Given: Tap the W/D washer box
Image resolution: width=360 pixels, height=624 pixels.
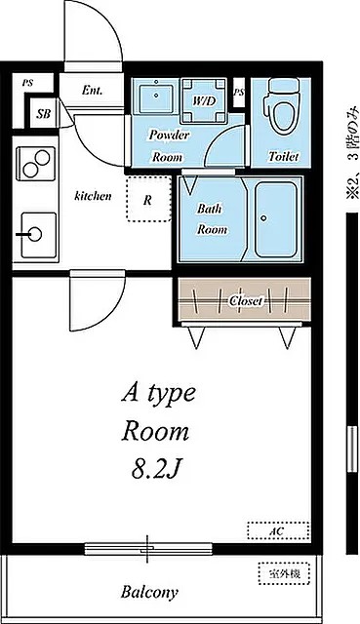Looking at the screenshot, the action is point(204,101).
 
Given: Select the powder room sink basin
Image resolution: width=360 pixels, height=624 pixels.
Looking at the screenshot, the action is point(156,97).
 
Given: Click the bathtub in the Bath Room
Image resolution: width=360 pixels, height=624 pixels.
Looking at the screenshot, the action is point(275,219).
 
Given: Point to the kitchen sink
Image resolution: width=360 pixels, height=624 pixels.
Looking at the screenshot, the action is point(39,235).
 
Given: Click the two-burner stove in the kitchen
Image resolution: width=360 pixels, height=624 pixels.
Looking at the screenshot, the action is point(36,164).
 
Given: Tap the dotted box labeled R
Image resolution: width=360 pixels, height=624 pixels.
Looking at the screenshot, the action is point(148,199).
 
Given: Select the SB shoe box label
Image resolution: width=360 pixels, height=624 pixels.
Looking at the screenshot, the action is point(44,114).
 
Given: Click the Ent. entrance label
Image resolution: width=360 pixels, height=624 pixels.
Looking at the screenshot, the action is point(92,91).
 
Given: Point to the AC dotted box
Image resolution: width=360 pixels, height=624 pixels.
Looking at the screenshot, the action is point(278,530).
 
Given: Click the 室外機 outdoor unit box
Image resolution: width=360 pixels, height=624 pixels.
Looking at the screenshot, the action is point(284,573).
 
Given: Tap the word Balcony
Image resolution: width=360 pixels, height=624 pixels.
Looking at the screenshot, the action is point(149,593).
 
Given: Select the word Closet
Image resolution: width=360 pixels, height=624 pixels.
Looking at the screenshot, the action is point(246,301).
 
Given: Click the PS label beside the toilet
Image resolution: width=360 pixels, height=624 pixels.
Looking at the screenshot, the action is point(239,93).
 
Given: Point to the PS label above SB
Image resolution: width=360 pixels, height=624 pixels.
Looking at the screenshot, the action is point(27,83).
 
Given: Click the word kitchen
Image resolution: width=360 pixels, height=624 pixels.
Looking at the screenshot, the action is point(93,195).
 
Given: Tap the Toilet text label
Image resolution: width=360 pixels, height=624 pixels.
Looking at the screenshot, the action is point(284,156).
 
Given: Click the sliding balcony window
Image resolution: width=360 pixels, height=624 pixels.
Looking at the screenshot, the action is point(148,549).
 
